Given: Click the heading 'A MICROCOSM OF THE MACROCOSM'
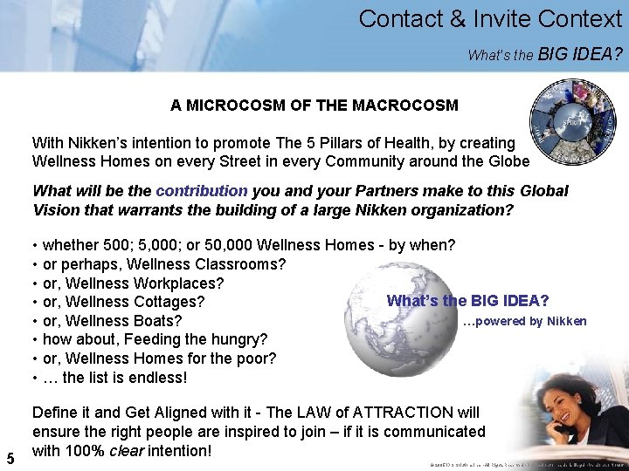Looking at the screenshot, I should point(314,106).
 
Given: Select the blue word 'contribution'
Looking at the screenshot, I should point(202,190).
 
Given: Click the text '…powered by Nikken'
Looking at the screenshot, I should point(524,321).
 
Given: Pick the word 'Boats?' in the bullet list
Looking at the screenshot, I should point(159,321).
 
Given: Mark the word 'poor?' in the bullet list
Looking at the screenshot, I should point(256,358).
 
